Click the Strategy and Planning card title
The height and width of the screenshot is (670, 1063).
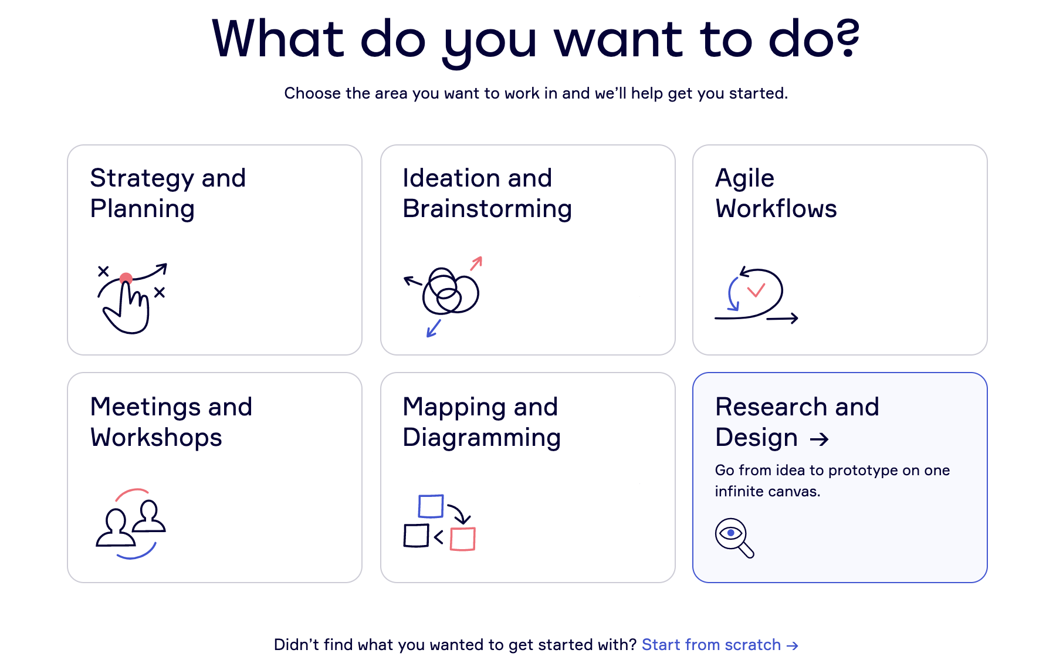(168, 193)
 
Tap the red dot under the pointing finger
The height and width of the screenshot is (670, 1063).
(126, 278)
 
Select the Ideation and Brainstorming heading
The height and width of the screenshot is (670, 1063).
(487, 193)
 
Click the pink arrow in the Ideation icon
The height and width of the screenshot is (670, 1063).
(476, 263)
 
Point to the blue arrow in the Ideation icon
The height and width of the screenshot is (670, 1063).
(434, 329)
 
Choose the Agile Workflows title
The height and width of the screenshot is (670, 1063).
(776, 193)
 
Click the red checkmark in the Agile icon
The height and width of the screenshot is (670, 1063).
(756, 290)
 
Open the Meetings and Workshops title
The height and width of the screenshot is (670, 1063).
(171, 422)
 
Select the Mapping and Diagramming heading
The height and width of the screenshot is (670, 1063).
(482, 422)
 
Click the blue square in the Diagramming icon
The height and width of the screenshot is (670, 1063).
(431, 506)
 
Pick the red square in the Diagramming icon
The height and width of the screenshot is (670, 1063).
(462, 539)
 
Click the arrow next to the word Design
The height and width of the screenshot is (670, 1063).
(819, 439)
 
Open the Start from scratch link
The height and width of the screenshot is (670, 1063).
(720, 645)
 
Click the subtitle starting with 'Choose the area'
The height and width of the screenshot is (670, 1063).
(536, 93)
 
